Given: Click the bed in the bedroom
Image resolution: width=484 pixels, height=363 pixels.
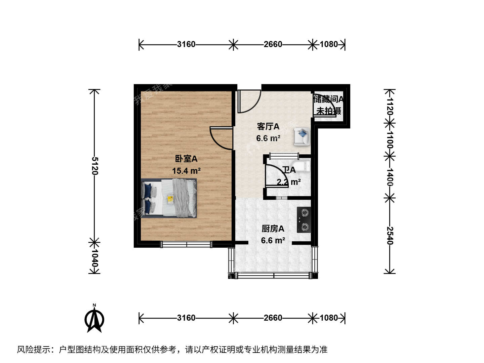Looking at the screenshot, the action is coord(169,198).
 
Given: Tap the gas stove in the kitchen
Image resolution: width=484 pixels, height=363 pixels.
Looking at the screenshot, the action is coord(304,220).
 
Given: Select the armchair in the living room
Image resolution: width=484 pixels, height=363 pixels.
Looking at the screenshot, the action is coord(302,136).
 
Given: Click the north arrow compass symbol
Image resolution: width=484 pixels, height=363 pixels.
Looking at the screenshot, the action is coord(94,319).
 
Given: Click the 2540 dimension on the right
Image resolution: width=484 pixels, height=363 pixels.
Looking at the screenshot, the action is coord(390,236).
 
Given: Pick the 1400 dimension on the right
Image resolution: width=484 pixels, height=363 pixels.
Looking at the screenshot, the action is coord(390,177).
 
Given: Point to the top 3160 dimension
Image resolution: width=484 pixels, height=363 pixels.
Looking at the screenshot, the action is coord(186,44).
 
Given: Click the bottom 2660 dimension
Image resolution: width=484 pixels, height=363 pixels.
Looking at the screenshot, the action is coord(273,318).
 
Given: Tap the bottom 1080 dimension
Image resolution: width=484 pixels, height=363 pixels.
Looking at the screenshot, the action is coord(329,318).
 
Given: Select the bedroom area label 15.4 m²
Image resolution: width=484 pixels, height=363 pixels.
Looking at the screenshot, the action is coord(186,171).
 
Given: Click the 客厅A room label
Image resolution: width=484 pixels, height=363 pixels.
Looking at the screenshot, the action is coord(268,126).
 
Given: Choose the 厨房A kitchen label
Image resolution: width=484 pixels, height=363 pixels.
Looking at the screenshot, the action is coord(273,229).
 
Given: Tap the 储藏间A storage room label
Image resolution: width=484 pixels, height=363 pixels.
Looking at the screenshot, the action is coord(328,99).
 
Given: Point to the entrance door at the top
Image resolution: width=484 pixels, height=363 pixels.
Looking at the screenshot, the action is coord(249,102).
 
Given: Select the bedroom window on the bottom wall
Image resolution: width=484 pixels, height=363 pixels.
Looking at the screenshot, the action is coord(187,244).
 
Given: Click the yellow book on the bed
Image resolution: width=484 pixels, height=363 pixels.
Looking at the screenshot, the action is coord(170,200).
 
